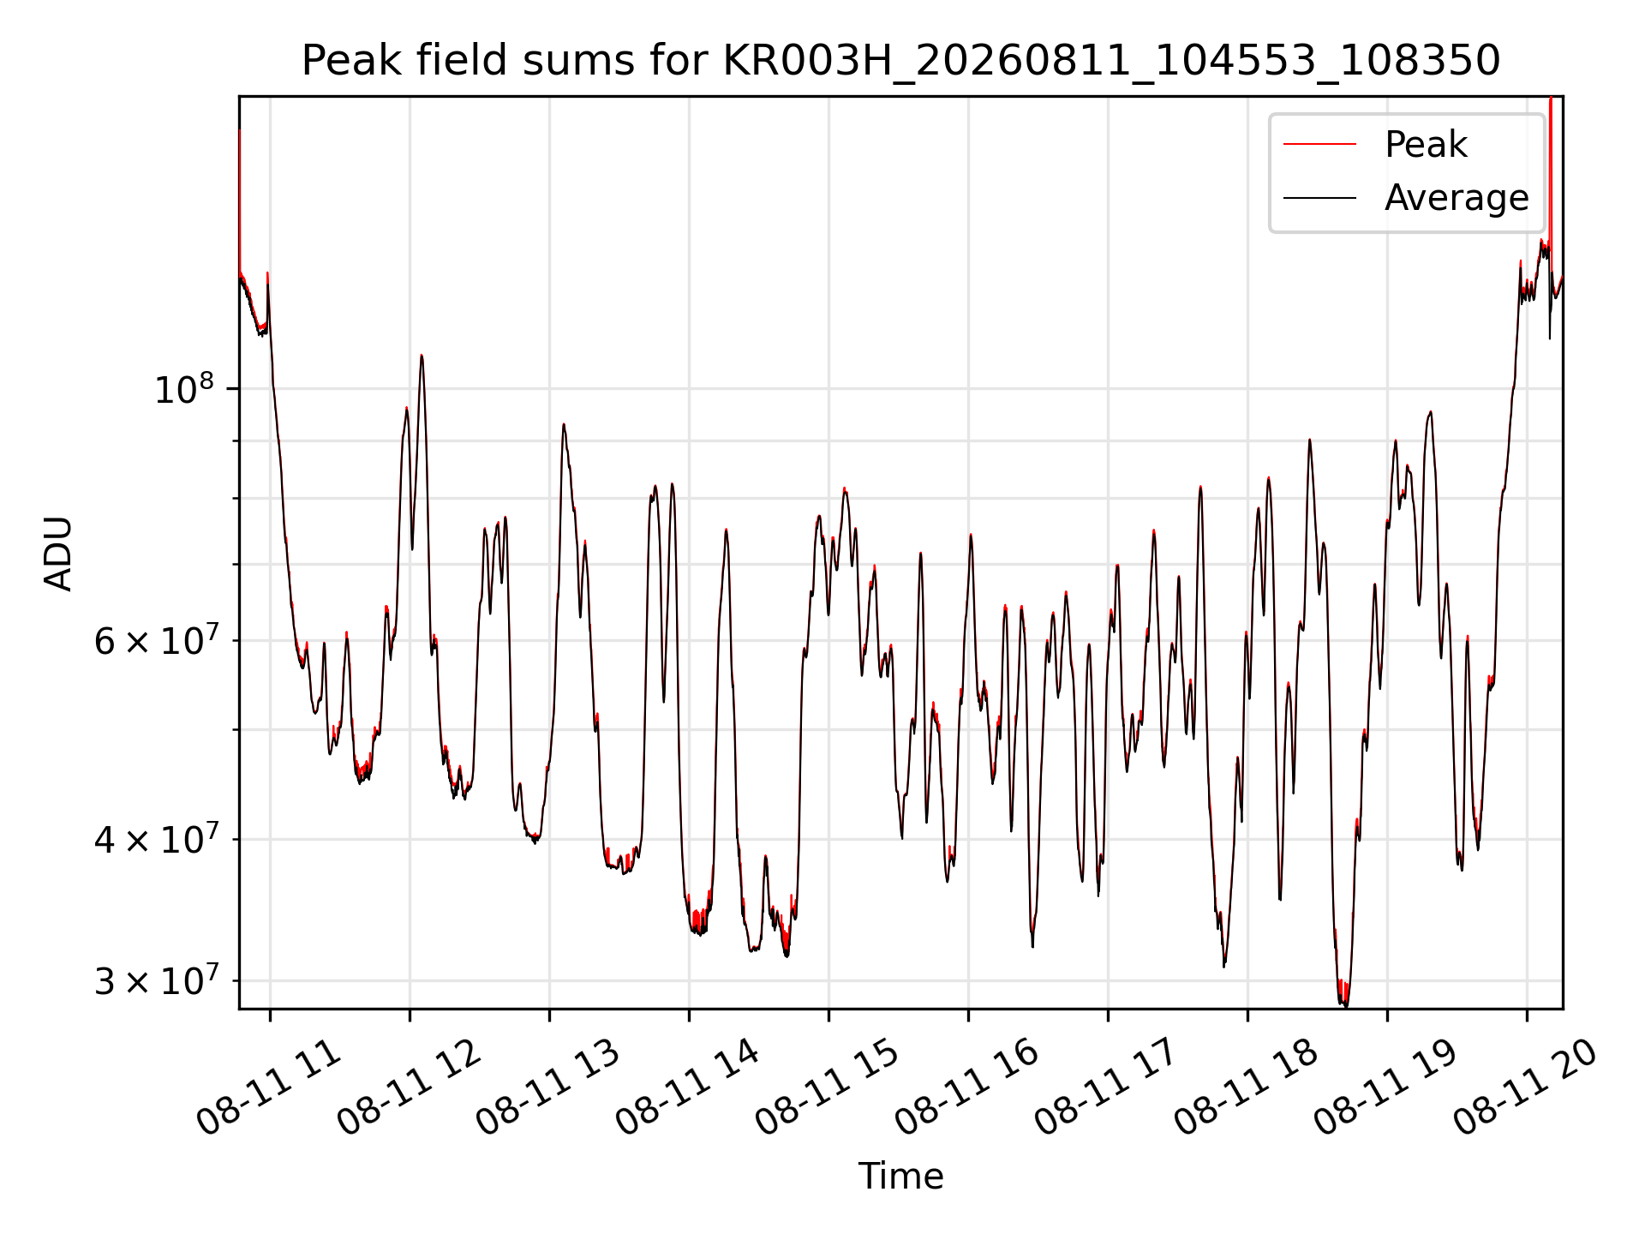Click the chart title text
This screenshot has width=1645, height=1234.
coord(900,61)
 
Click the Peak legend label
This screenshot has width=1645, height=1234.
coord(1426,145)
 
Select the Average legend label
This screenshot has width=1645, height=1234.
coord(1457,198)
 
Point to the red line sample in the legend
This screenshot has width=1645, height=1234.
coord(1319,145)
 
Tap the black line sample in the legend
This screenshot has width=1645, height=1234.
coord(1319,198)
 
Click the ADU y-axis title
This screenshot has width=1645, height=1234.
coord(58,553)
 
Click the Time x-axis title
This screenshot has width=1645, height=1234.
coord(900,1177)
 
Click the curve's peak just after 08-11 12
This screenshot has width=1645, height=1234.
coord(422,356)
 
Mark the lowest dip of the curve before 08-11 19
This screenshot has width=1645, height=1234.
coord(1343,1004)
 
